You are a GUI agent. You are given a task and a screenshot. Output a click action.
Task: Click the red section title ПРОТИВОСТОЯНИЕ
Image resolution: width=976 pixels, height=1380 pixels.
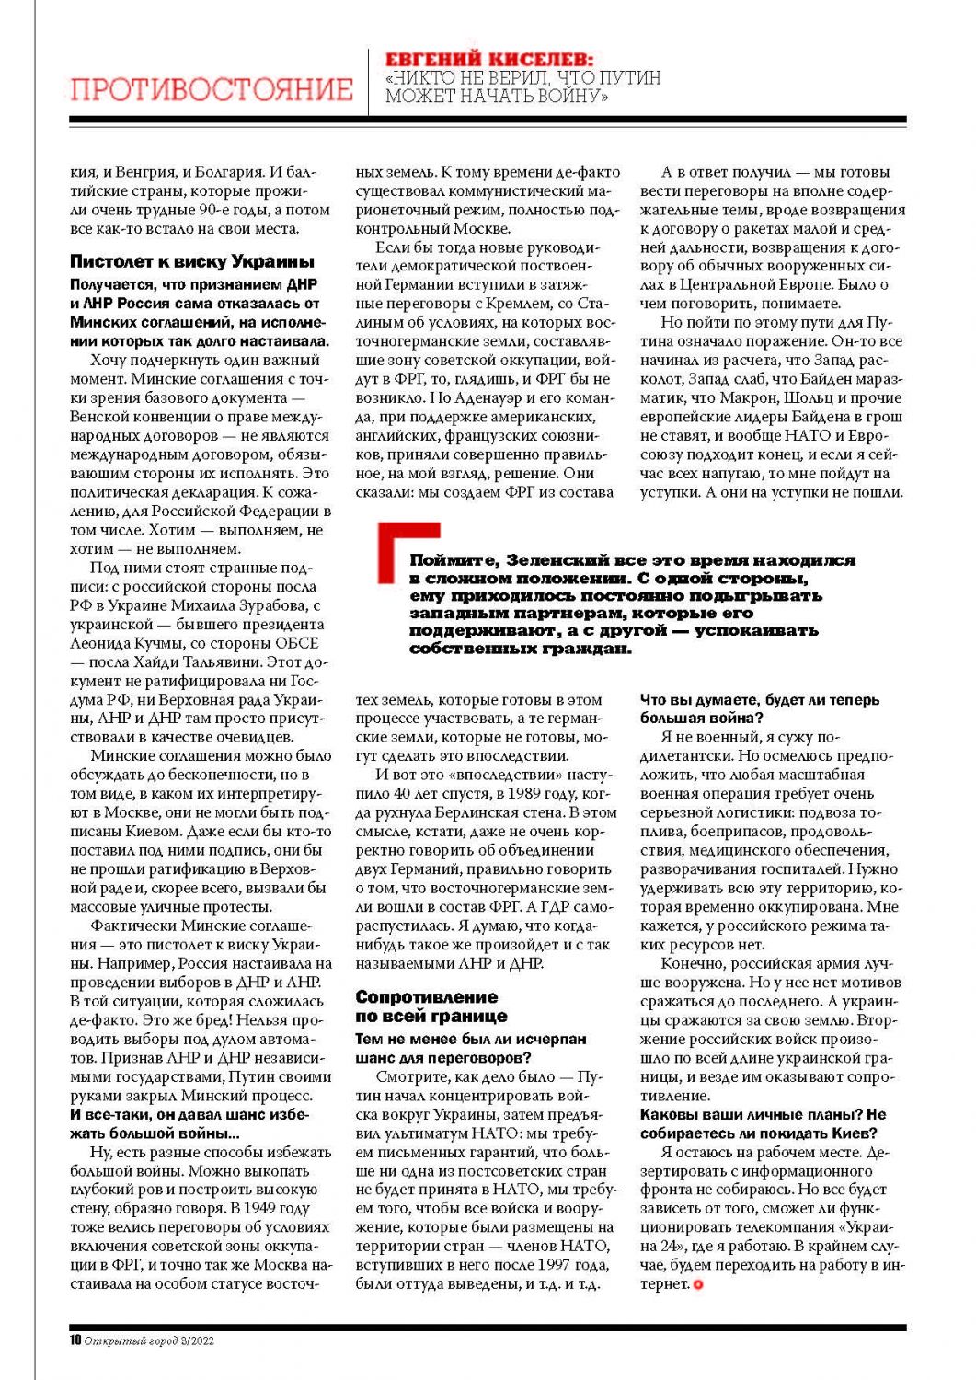tap(212, 89)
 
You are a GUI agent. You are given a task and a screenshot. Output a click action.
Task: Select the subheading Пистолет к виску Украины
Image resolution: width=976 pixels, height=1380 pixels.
tap(192, 262)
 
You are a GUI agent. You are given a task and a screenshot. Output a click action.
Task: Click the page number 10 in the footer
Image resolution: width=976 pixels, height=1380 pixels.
tap(75, 1340)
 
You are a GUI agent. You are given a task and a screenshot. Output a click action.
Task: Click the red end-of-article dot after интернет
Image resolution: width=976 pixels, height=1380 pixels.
tap(698, 1284)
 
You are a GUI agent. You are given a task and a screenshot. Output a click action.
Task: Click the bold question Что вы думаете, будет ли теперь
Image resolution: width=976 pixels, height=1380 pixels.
tap(759, 700)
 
